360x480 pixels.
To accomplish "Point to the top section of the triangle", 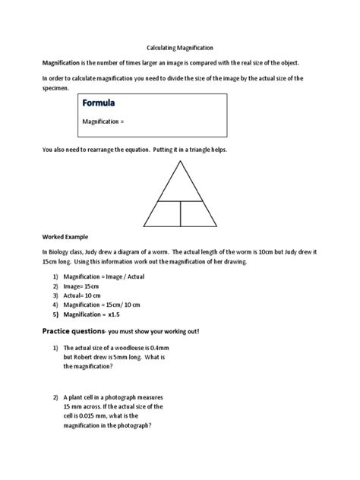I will (180, 186).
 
